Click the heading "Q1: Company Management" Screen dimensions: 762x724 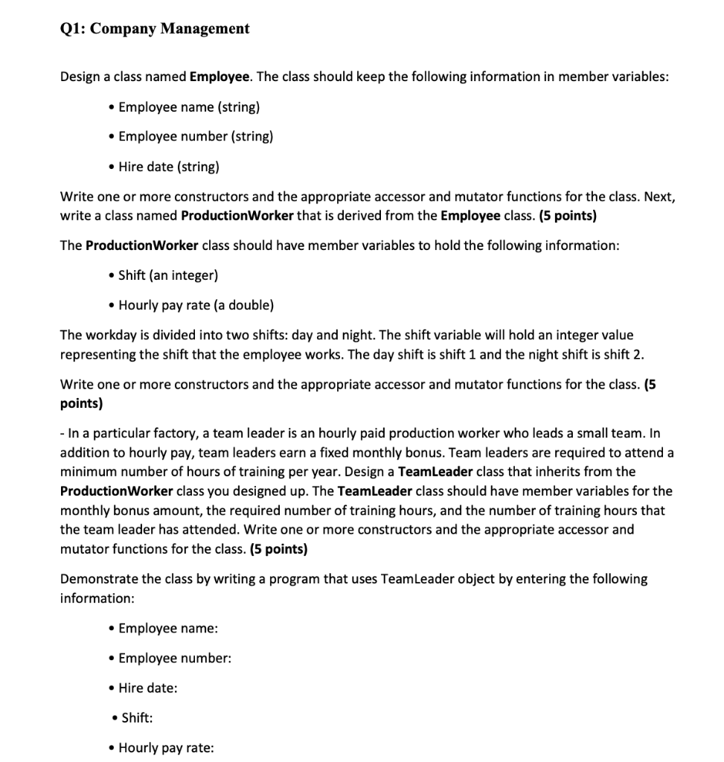point(154,29)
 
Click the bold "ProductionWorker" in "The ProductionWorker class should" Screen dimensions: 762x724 point(142,246)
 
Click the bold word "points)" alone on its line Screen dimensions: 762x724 point(81,403)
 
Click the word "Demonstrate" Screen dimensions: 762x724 point(96,579)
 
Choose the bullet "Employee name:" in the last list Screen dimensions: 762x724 point(168,629)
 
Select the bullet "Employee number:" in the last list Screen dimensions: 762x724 point(175,659)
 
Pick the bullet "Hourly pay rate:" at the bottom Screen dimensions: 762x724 point(166,748)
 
